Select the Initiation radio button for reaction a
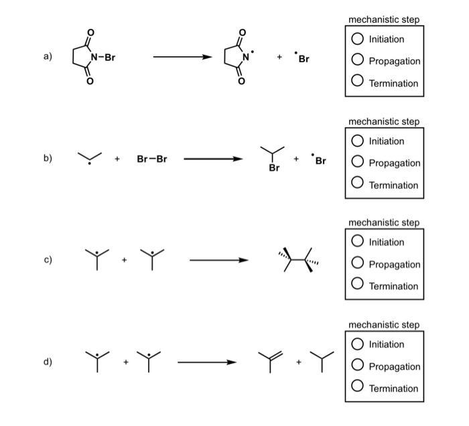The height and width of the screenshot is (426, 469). (358, 39)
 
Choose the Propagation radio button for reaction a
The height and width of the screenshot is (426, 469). (358, 61)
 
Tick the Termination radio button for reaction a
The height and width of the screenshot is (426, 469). (358, 83)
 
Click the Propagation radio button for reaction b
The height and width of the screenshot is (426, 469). (358, 163)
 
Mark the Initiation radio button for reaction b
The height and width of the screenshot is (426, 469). (358, 141)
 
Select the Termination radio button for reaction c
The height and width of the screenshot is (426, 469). (358, 286)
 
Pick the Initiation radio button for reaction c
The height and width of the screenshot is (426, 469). (358, 242)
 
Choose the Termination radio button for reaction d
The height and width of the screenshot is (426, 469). (358, 388)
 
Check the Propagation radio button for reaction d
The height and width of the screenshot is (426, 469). (358, 366)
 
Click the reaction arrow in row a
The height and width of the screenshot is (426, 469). (183, 57)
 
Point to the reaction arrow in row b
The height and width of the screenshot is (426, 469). (213, 159)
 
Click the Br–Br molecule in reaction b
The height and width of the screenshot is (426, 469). (152, 159)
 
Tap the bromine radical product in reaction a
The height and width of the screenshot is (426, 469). (302, 58)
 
